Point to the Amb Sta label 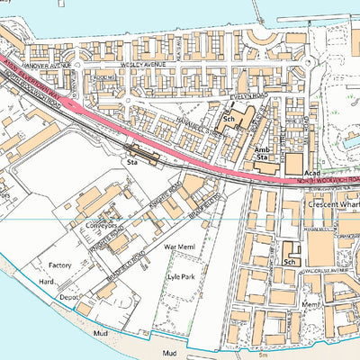point(263,154)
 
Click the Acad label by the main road point(312,172)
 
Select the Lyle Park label point(183,278)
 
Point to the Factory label point(60,266)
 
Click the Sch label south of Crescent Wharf point(289,262)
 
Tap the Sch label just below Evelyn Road point(229,119)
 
